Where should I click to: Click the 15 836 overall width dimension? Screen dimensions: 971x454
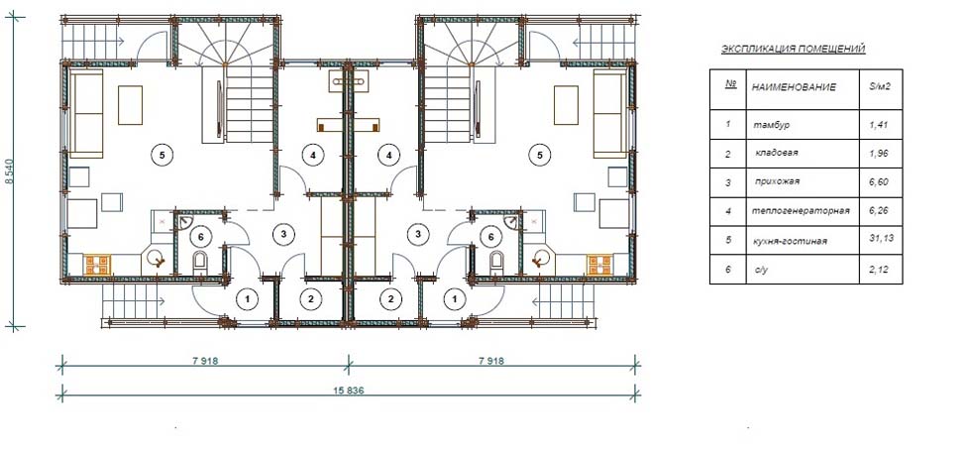(350, 391)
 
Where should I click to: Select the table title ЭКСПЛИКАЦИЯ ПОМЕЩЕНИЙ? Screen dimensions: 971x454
(794, 50)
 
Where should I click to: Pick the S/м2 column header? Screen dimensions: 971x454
(880, 86)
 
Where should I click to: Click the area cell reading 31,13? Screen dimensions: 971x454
(880, 240)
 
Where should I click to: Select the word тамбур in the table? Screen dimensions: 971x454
(771, 125)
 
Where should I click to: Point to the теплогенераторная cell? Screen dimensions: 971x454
(801, 211)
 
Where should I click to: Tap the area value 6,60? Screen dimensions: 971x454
(879, 182)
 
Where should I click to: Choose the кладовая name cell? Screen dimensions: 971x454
(776, 153)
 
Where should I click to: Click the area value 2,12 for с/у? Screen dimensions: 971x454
(879, 269)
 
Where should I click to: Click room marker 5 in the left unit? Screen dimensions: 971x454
(162, 156)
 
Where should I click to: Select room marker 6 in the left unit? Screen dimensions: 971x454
(199, 236)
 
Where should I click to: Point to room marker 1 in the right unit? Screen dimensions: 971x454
(456, 299)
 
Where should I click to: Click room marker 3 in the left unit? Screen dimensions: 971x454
(283, 234)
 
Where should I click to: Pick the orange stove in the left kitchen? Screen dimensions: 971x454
(97, 265)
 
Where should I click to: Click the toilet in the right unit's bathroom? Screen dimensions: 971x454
(496, 263)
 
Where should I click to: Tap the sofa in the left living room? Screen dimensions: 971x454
(86, 113)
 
